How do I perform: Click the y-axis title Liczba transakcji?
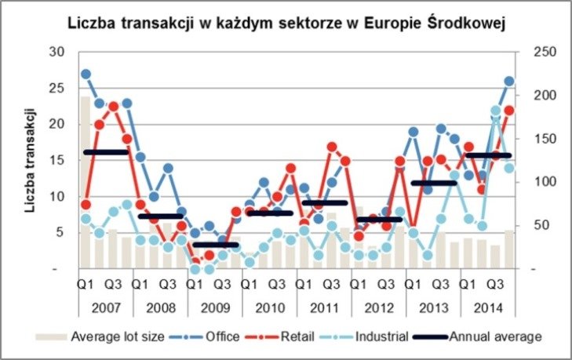(x=31, y=161)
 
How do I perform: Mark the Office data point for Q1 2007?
(x=86, y=75)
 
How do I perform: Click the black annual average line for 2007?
(x=105, y=152)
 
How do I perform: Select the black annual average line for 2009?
(x=214, y=245)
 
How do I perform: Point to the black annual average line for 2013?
(x=433, y=183)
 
